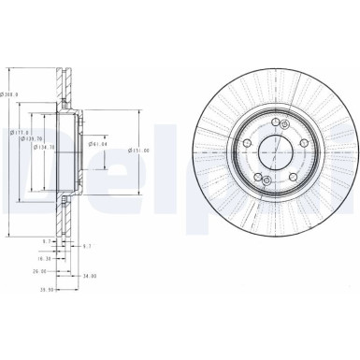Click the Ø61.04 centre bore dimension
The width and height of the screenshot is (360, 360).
coord(98,145)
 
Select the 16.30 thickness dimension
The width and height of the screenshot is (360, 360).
coord(44,256)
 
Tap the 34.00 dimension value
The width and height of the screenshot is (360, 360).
coord(89,277)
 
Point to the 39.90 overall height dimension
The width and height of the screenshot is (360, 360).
coord(44,289)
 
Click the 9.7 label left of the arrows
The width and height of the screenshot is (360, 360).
coord(47,242)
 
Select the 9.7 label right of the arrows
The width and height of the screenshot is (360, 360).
coord(87,245)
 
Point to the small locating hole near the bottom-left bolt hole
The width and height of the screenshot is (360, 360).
coord(266,180)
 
